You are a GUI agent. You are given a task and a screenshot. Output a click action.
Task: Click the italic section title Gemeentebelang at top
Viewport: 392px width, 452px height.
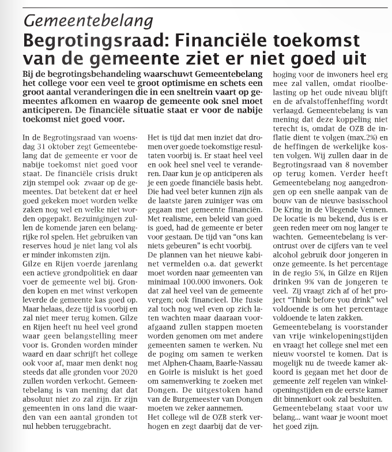pos(88,21)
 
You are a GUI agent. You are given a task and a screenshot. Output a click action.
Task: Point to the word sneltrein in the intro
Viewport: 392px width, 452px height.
pos(186,94)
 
